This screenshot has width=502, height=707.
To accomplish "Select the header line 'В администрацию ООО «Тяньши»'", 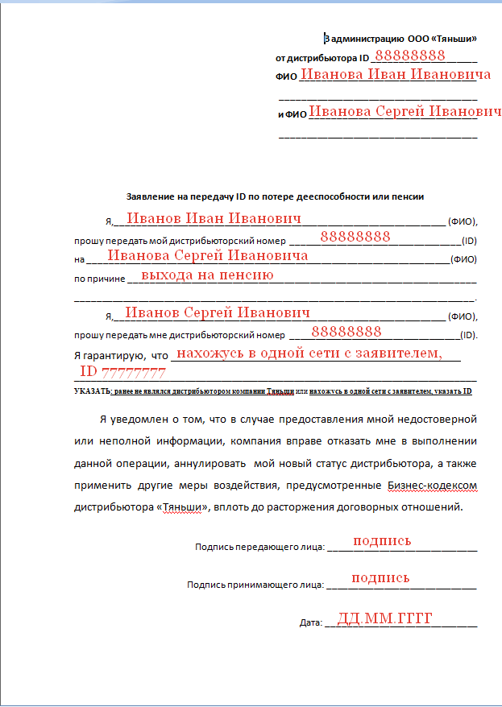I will point(400,38).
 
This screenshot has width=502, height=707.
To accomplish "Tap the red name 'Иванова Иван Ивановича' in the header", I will point(395,75).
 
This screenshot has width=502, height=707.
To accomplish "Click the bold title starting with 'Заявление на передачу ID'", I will point(275,196).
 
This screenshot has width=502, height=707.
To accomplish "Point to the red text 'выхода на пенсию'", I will point(207,275).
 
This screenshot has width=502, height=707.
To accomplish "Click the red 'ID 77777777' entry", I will point(122,373).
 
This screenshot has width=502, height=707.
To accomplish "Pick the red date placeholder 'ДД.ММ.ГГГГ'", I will point(385,618).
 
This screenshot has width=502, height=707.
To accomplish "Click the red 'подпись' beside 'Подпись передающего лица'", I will point(382,541).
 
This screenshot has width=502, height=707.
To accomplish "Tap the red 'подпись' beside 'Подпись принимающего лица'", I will point(380,578).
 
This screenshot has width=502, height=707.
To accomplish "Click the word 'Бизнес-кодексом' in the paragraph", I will point(432,486).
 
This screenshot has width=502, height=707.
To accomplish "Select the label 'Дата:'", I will point(310,623).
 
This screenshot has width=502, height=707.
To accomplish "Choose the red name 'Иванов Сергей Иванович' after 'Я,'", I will point(218,312).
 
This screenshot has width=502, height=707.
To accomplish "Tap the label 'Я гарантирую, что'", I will point(120,355).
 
